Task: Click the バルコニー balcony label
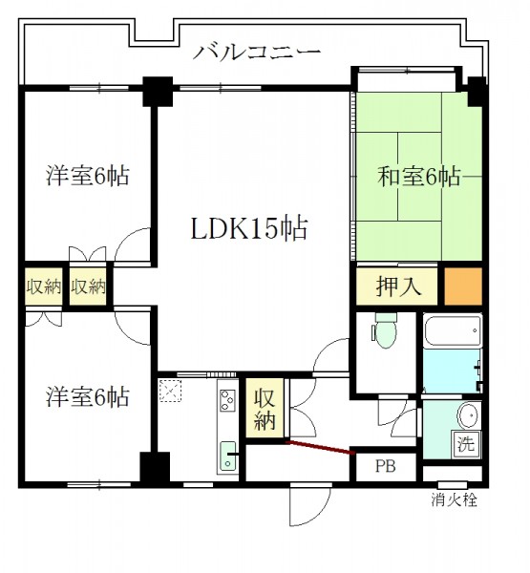pyautogui.click(x=257, y=53)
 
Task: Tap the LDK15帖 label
pyautogui.click(x=249, y=229)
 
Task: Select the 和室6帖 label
pyautogui.click(x=418, y=177)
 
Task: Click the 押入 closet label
pyautogui.click(x=398, y=286)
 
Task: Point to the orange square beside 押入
pyautogui.click(x=463, y=286)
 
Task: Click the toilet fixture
pyautogui.click(x=385, y=330)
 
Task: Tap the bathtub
pyautogui.click(x=453, y=330)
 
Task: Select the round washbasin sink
pyautogui.click(x=468, y=415)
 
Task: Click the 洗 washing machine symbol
pyautogui.click(x=466, y=444)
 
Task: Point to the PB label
pyautogui.click(x=385, y=466)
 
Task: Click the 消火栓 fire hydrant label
pyautogui.click(x=454, y=499)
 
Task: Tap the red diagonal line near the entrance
pyautogui.click(x=321, y=448)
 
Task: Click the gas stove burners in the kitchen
pyautogui.click(x=227, y=400)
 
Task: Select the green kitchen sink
pyautogui.click(x=228, y=456)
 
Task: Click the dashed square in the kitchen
pyautogui.click(x=170, y=391)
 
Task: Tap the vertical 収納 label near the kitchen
pyautogui.click(x=265, y=409)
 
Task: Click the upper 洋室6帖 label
pyautogui.click(x=87, y=176)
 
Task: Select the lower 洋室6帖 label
pyautogui.click(x=87, y=397)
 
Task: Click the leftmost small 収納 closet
pyautogui.click(x=44, y=286)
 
